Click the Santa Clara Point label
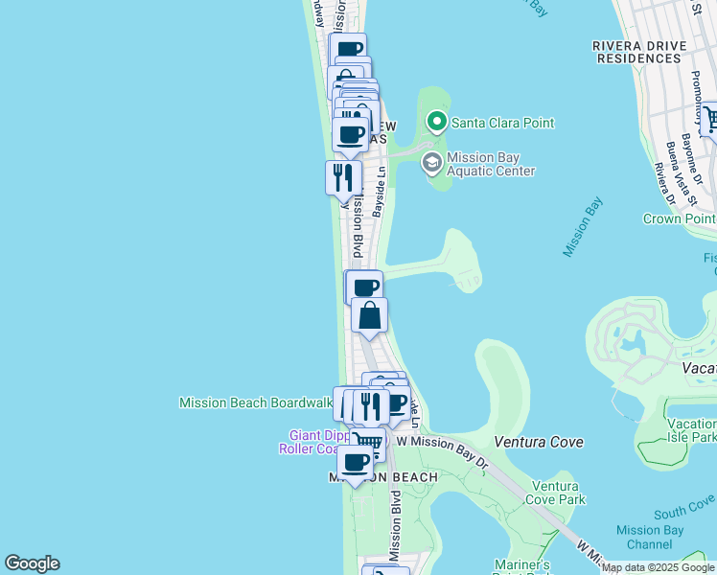coord(502,123)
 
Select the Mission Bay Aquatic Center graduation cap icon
coord(431,162)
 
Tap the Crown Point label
coord(679,218)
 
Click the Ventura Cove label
coord(539,442)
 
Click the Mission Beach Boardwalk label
coord(255,402)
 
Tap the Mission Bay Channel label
coord(650,537)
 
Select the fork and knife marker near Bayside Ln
coord(342,177)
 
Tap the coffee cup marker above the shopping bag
coord(364,287)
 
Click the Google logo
coord(32,563)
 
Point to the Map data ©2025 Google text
coord(659,567)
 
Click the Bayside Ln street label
coord(381,192)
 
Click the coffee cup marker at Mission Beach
coord(356,462)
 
